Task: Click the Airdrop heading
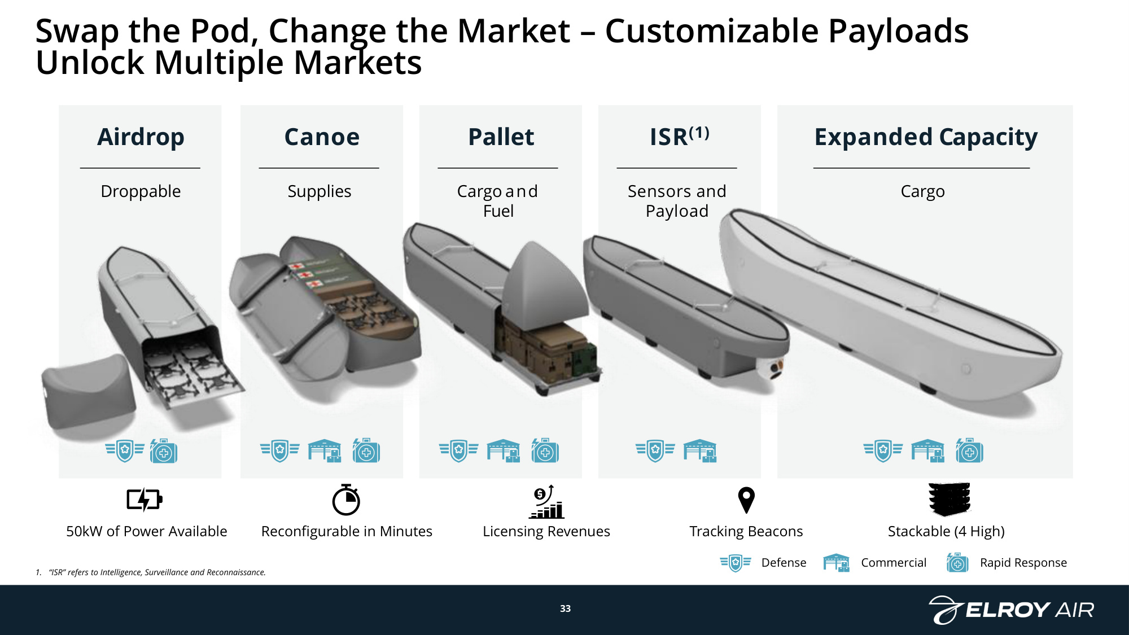(141, 137)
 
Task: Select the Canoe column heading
(322, 137)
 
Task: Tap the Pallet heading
(501, 137)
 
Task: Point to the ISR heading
(679, 136)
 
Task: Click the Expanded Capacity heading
(926, 137)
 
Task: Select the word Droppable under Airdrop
(141, 191)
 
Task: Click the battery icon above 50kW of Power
(145, 500)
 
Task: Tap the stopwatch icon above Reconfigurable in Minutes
(346, 500)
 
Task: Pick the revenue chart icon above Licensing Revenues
(546, 501)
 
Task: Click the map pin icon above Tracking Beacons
(746, 500)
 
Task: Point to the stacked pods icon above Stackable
(949, 499)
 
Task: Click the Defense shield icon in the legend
(736, 563)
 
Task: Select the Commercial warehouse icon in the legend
(837, 563)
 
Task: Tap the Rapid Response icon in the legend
(957, 563)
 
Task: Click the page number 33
(565, 608)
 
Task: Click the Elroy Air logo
(1011, 610)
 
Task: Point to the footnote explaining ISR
(151, 572)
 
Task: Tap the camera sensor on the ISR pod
(775, 368)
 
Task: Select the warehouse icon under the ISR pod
(700, 451)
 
